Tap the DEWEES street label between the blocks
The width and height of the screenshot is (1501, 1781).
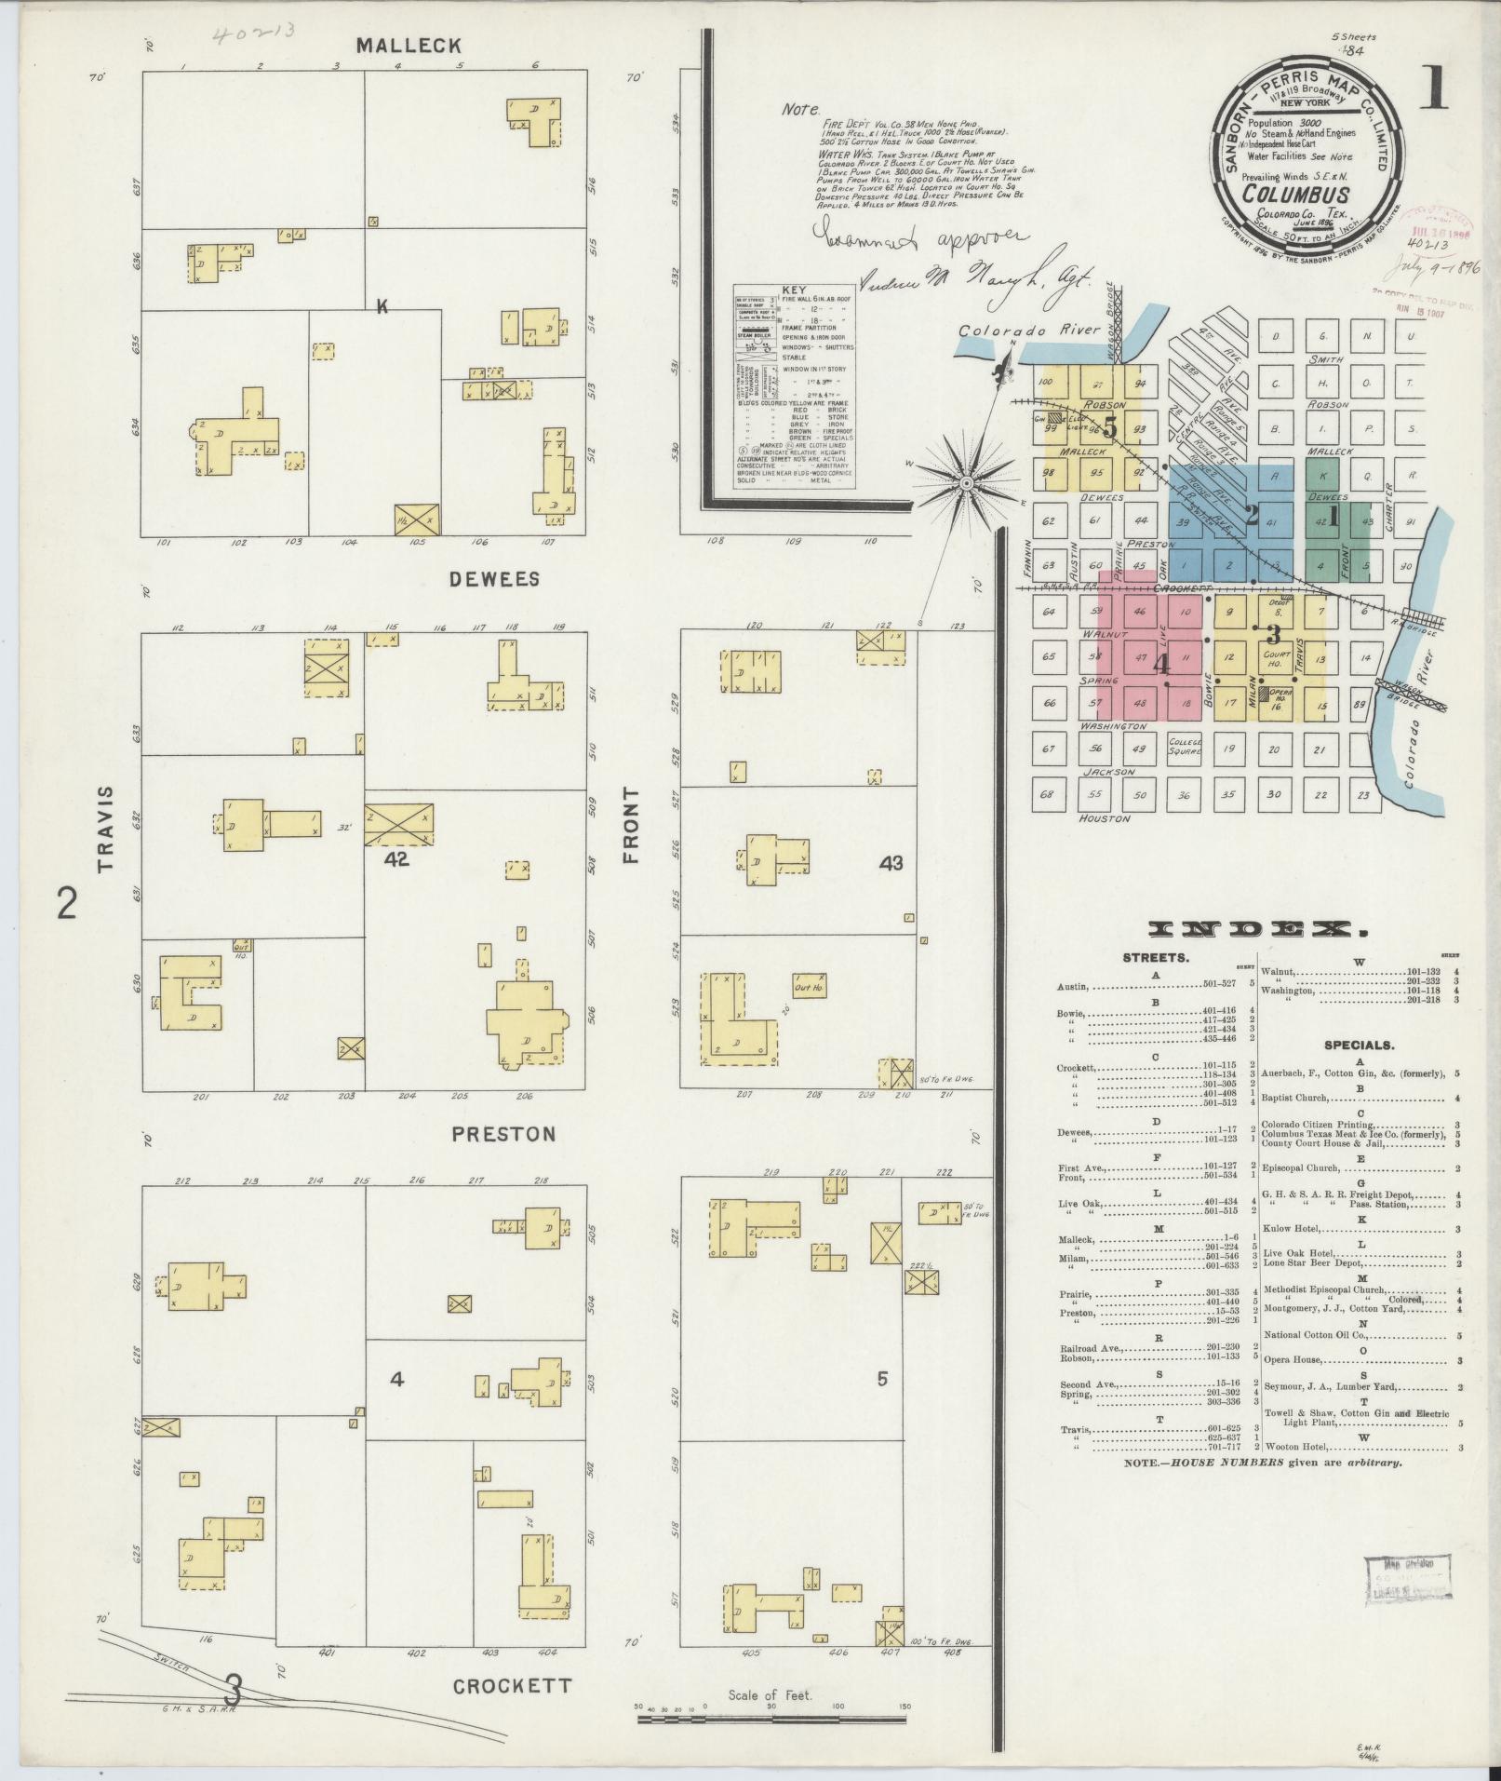coord(494,579)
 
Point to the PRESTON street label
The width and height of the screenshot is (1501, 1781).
coord(503,1134)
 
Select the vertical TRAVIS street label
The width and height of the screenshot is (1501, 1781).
coord(105,829)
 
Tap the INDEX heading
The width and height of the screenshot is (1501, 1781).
coord(1259,929)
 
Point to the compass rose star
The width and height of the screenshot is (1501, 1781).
coord(966,483)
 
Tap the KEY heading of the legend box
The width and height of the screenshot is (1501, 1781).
coord(794,290)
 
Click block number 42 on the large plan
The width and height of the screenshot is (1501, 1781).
coord(396,860)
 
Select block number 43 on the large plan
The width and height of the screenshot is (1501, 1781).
coord(891,863)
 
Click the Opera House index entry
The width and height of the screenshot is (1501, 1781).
coord(1294,1360)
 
